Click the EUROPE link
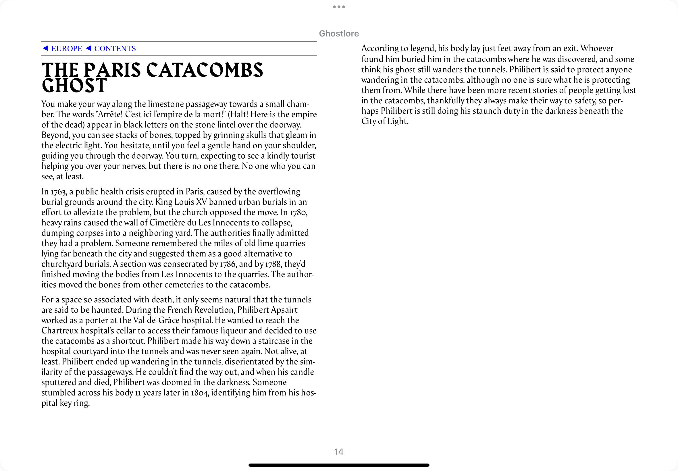pos(67,49)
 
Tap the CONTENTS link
pos(115,49)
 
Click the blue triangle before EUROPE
pos(45,48)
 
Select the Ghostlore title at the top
pos(339,34)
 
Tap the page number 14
pos(338,452)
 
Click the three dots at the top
pos(339,7)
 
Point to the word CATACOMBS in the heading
pos(204,70)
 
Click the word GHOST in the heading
pos(74,86)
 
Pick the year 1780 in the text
pos(298,213)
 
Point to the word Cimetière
pos(167,223)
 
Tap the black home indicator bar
pos(338,465)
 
